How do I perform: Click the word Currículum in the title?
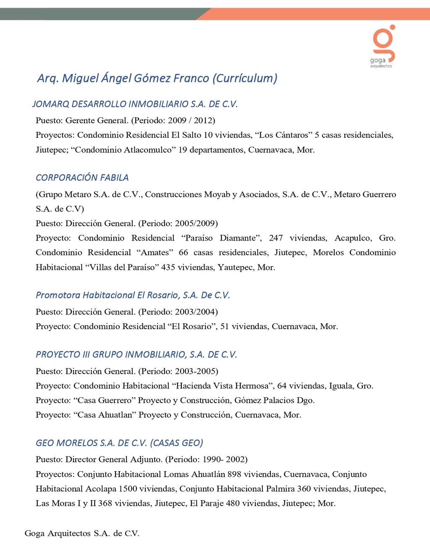pos(245,79)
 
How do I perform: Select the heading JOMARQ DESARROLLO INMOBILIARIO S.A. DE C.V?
pos(135,104)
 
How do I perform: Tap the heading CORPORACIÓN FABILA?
pos(82,178)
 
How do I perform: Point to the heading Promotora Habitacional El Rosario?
pos(133,295)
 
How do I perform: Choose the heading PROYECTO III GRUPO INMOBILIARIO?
pos(136,355)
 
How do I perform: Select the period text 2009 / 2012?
pos(191,121)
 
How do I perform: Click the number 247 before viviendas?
pos(276,238)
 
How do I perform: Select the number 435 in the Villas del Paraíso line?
pos(168,267)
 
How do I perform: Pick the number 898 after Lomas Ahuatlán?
pos(234,474)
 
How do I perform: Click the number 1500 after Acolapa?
pos(128,489)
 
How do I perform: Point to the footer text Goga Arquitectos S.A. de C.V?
pos(82,533)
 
